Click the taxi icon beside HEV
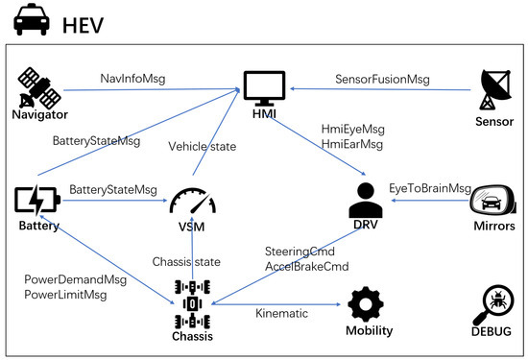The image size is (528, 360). click(x=32, y=19)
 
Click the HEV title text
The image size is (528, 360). click(x=83, y=25)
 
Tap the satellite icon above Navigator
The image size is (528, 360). click(x=39, y=88)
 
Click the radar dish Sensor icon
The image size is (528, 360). click(x=495, y=89)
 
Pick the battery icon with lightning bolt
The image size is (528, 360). click(x=37, y=200)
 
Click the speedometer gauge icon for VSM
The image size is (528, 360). click(x=193, y=201)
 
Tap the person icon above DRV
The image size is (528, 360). click(x=366, y=200)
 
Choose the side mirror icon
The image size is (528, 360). click(x=492, y=200)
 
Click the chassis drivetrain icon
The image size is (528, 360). click(x=193, y=304)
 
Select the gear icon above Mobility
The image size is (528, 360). click(x=366, y=304)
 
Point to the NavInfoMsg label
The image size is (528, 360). click(x=132, y=79)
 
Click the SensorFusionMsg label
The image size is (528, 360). click(x=382, y=80)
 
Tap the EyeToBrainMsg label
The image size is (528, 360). click(x=430, y=188)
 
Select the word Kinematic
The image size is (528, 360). click(x=282, y=313)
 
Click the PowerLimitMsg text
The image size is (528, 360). click(x=65, y=295)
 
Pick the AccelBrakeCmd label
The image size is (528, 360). click(x=307, y=267)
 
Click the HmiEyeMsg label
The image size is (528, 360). click(x=353, y=130)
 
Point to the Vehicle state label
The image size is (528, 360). click(x=202, y=147)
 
